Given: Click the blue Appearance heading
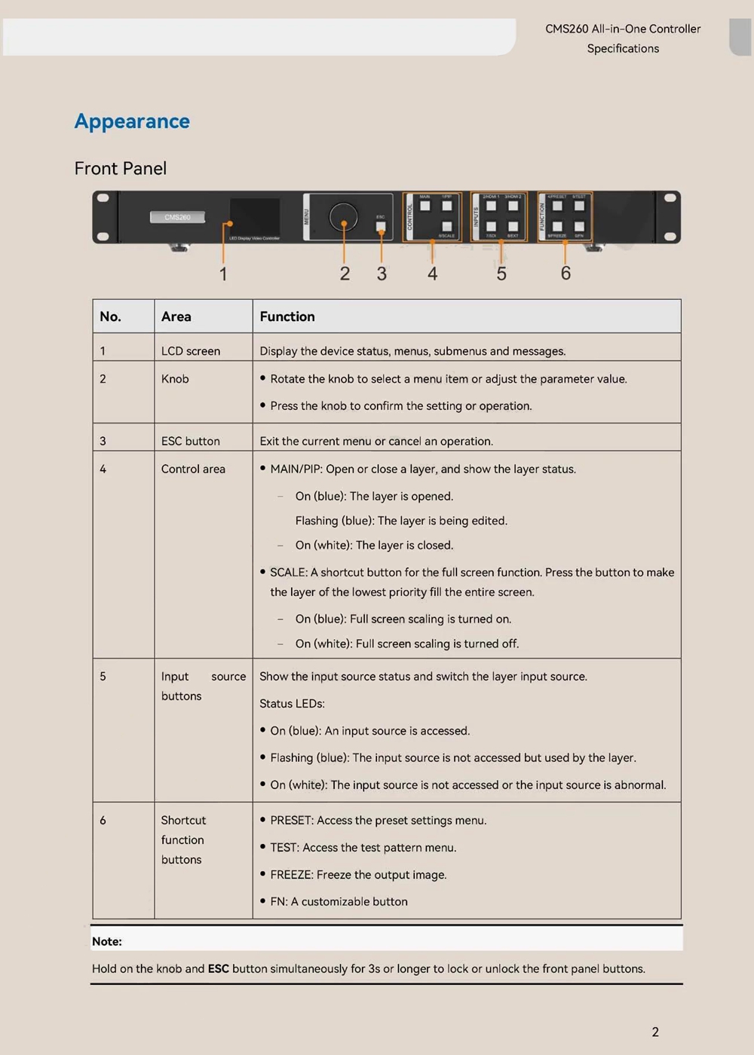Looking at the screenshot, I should click(x=132, y=121).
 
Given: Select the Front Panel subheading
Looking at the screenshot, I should click(x=121, y=168).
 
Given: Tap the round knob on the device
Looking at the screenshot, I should click(x=343, y=217).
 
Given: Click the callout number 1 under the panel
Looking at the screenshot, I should click(x=223, y=274).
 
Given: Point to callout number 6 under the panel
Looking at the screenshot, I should click(x=565, y=273).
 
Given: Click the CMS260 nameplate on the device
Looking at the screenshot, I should click(x=177, y=217).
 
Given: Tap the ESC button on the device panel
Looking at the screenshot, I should click(x=381, y=226).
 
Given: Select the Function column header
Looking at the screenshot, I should click(x=287, y=316).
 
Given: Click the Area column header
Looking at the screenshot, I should click(x=176, y=316).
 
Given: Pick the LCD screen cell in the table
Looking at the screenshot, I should click(x=191, y=351).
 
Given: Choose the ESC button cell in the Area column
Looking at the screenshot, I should click(x=191, y=441).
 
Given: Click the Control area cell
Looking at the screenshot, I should click(x=193, y=469).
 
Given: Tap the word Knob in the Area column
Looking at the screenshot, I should click(x=175, y=379).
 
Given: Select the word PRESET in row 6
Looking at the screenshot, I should click(x=291, y=821).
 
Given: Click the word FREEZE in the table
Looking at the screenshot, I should click(x=291, y=875).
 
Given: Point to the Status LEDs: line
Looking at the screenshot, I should click(x=292, y=704).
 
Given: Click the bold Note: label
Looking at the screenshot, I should click(x=107, y=941).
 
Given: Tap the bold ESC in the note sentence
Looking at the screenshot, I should click(x=219, y=969).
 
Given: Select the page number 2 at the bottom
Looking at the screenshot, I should click(x=655, y=1032).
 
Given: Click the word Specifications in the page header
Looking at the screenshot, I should click(x=623, y=48).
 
